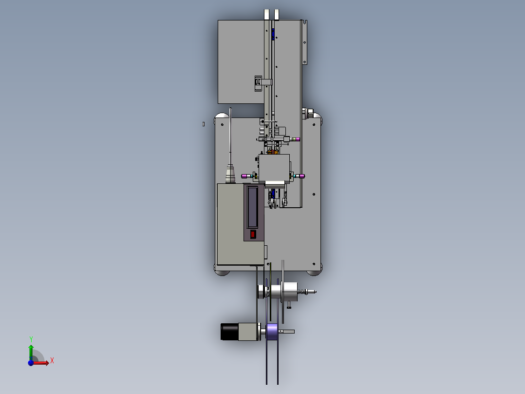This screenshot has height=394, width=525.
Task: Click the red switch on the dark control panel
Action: click(253, 234)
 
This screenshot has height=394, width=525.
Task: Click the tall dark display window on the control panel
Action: click(252, 207)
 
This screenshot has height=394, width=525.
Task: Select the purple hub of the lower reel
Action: click(272, 332)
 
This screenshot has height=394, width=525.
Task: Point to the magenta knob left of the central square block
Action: click(245, 176)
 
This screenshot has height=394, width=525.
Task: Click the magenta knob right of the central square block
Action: click(301, 176)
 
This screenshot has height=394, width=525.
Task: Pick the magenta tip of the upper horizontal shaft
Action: click(296, 139)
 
